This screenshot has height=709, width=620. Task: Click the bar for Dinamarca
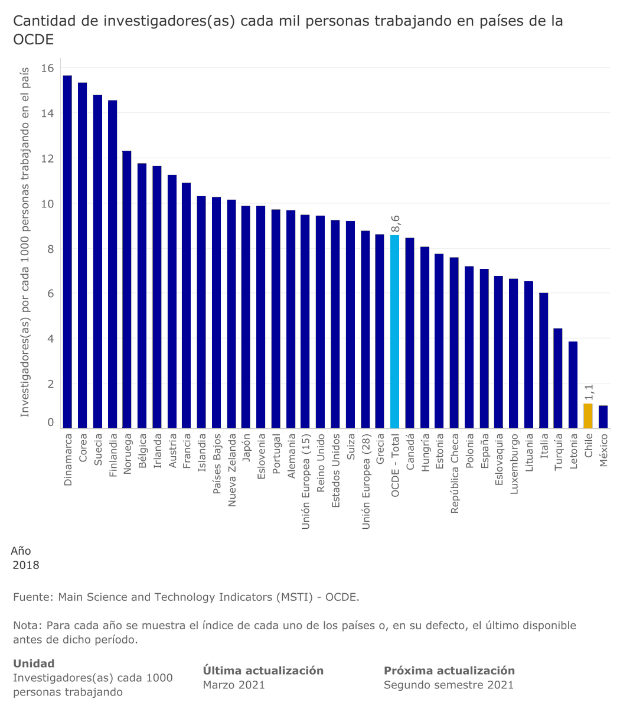click(x=67, y=251)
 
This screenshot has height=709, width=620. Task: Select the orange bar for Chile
click(x=588, y=416)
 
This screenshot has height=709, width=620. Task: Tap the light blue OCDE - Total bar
click(x=394, y=331)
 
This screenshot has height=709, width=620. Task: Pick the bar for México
click(x=603, y=417)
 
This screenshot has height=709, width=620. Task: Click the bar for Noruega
click(x=127, y=290)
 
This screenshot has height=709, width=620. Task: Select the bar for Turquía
click(x=558, y=378)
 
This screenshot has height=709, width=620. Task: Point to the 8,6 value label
click(x=396, y=225)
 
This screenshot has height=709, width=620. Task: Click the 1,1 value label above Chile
click(x=589, y=392)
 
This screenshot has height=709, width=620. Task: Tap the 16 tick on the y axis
click(x=47, y=69)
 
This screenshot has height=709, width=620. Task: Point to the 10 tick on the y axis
click(x=47, y=204)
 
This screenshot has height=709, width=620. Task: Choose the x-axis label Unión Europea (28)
click(x=366, y=482)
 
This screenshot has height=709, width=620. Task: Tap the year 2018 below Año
click(x=26, y=565)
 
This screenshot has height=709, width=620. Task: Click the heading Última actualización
click(x=263, y=671)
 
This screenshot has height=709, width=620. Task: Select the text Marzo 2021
click(x=234, y=685)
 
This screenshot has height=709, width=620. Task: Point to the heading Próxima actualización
click(x=449, y=671)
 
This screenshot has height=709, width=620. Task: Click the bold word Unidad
click(x=34, y=664)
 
